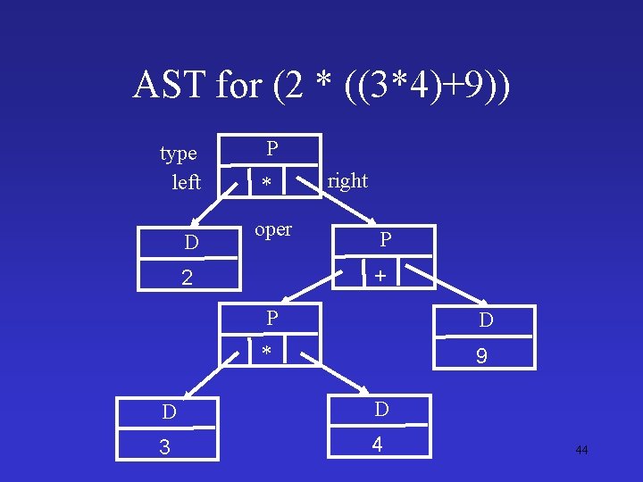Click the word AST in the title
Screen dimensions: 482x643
click(170, 86)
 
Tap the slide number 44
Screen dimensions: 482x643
click(581, 450)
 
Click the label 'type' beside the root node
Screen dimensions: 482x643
click(179, 154)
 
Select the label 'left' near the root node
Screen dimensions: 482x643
click(186, 182)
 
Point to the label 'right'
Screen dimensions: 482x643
click(347, 180)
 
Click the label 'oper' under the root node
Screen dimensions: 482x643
click(273, 229)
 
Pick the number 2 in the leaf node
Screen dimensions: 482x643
click(187, 277)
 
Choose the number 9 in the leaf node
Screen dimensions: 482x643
click(481, 356)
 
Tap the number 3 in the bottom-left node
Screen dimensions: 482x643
click(164, 447)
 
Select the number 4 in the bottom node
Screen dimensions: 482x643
click(380, 443)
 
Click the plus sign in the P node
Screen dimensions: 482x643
click(380, 277)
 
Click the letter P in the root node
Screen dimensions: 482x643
click(272, 148)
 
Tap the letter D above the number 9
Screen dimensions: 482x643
click(486, 320)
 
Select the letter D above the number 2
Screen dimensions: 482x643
click(191, 243)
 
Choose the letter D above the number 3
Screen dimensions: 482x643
click(169, 412)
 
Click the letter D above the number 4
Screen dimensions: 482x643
click(381, 410)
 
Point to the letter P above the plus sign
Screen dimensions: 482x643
click(385, 239)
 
